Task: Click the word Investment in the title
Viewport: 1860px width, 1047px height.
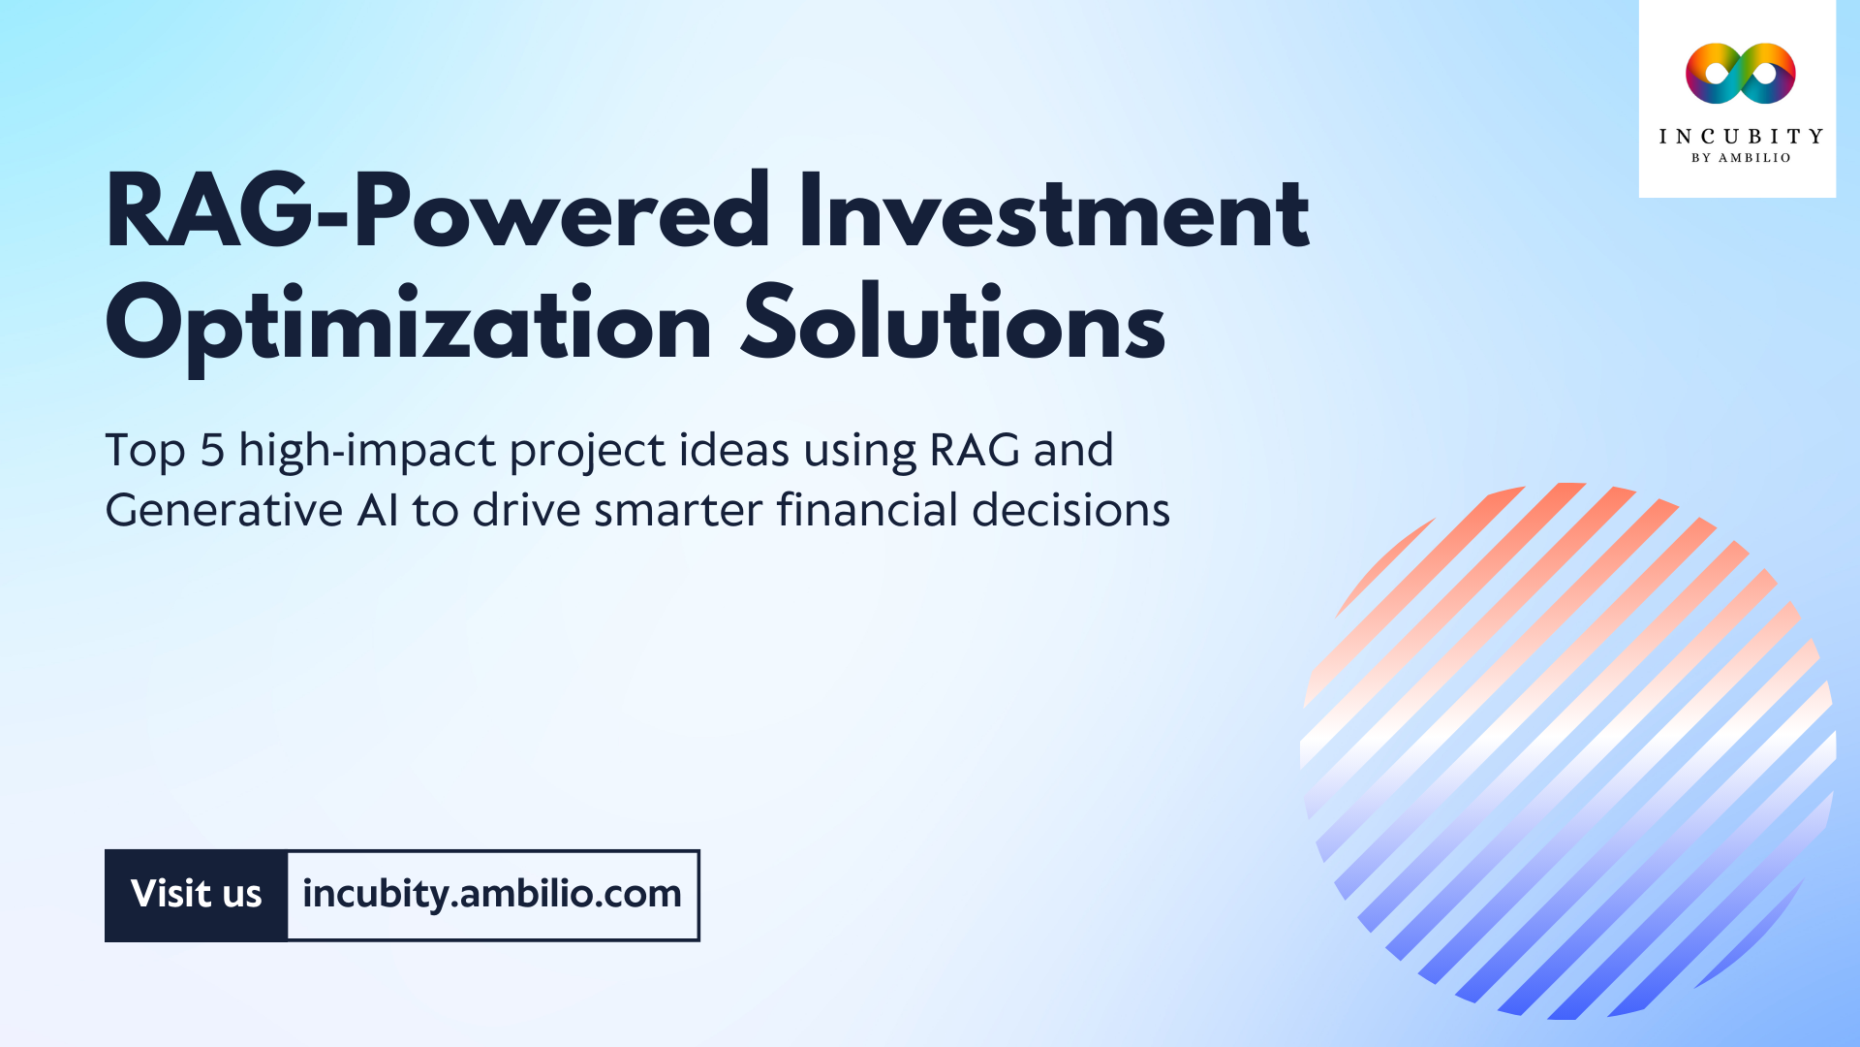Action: tap(1053, 212)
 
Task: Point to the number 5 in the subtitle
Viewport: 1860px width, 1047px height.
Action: tap(212, 451)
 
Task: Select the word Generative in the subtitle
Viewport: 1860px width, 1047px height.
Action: tap(224, 511)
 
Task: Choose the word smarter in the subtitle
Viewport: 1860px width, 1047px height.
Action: tap(678, 511)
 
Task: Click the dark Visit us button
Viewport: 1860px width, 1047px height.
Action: tap(197, 895)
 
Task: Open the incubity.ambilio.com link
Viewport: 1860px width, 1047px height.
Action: tap(492, 895)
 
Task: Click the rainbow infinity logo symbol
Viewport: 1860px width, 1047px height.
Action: tap(1740, 74)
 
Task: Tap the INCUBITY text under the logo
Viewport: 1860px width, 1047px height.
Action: tap(1741, 137)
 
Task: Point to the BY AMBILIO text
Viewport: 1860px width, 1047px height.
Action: tap(1741, 158)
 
